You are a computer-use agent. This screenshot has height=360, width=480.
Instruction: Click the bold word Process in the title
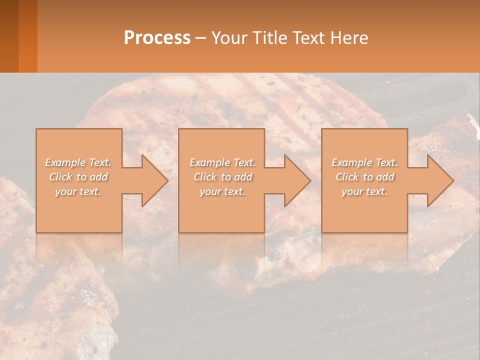coord(157,38)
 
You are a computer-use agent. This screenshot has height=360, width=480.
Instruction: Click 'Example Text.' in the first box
coord(78,162)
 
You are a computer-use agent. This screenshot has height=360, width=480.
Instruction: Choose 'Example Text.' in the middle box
coord(222,162)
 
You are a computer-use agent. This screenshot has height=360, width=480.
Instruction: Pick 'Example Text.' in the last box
coord(364,162)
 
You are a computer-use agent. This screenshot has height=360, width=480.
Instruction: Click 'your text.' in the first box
coord(78,191)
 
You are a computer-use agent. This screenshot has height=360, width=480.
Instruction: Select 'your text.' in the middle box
coord(222,191)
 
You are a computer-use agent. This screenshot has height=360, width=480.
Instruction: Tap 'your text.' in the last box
coord(364,191)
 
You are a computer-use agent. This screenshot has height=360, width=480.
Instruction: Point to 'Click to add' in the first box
coord(78,177)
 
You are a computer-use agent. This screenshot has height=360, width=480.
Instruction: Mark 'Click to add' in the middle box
coord(222,177)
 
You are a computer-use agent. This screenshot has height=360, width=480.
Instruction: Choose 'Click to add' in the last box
coord(364,177)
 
